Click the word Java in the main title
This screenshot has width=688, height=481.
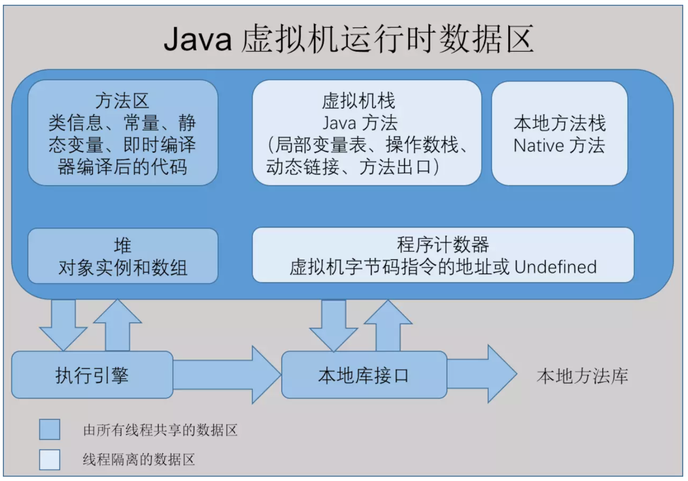[197, 39]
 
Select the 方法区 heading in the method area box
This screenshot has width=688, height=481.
[122, 101]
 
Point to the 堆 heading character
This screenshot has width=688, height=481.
[123, 246]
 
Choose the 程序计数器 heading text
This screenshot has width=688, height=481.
[443, 245]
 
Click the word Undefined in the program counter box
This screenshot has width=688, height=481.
[556, 267]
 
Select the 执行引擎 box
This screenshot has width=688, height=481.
[92, 375]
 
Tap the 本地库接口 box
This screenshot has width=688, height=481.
[364, 375]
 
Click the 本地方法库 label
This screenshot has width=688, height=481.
[582, 376]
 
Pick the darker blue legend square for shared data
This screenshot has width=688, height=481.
[50, 429]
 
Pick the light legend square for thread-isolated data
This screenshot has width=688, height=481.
[50, 460]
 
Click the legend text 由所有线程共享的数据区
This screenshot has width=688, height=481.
[160, 430]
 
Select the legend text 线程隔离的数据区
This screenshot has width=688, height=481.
[139, 460]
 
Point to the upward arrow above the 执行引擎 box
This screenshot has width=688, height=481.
[118, 325]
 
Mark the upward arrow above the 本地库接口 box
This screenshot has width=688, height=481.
[388, 325]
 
